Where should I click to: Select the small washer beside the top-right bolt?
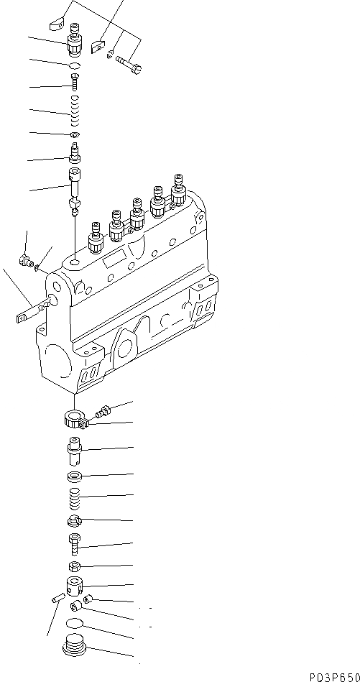(110, 54)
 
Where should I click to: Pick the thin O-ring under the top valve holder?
(75, 67)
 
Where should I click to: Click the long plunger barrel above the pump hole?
(75, 180)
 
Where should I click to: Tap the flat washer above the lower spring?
(75, 476)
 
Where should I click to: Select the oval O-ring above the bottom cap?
(75, 623)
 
